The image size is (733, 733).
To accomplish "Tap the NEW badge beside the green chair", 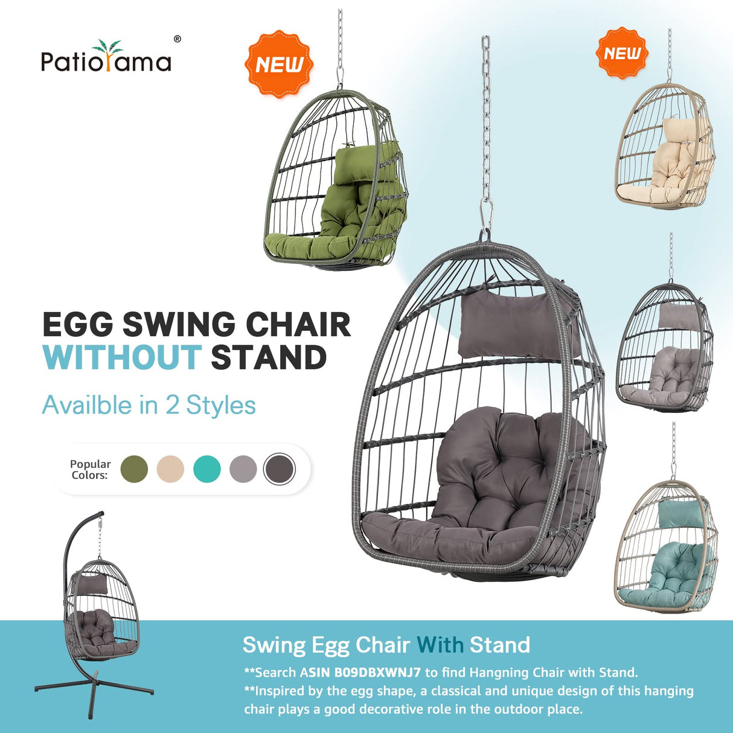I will pos(278,64).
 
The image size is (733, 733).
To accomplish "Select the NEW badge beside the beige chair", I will pos(622,53).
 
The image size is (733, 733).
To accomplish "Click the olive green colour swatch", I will pos(134,469).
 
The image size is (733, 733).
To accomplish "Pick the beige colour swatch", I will pos(170,469).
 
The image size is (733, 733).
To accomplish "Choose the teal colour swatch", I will pos(207,469).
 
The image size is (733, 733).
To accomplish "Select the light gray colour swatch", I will pos(243,469).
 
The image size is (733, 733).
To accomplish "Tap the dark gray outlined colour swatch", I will pos(280,469).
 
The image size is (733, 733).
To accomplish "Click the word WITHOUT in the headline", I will pos(121,357).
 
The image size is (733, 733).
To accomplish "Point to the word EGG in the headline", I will pos(77,325).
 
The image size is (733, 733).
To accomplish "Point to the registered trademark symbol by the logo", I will pos(177,39).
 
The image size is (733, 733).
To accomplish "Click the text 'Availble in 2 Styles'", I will pos(149,405).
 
